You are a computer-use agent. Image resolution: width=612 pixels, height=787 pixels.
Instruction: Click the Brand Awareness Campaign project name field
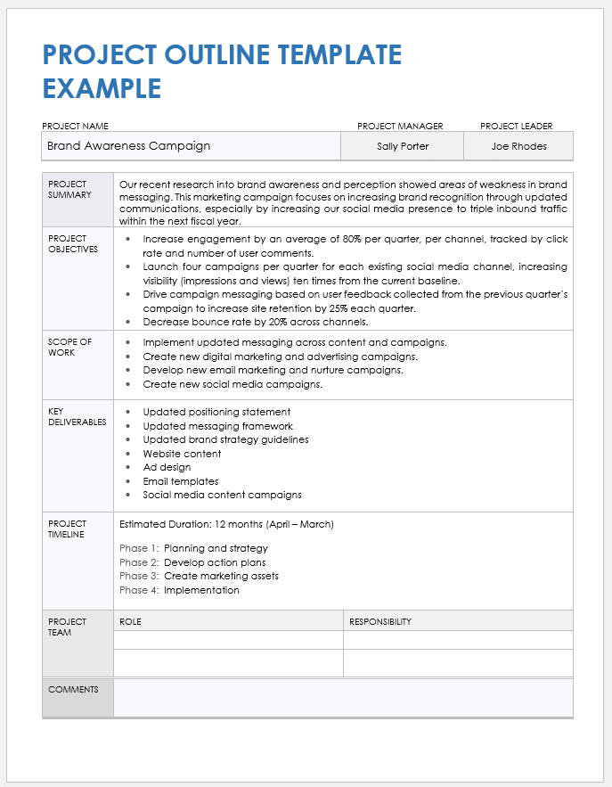click(x=128, y=146)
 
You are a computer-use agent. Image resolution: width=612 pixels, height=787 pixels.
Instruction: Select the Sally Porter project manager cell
click(x=403, y=146)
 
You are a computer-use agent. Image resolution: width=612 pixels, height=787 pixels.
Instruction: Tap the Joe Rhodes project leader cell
click(x=518, y=146)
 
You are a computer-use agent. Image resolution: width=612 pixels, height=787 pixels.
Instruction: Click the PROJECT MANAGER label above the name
click(x=400, y=127)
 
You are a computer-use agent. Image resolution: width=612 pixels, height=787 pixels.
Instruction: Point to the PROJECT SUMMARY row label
click(x=69, y=189)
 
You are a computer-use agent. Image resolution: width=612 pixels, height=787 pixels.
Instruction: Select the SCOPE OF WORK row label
click(x=69, y=347)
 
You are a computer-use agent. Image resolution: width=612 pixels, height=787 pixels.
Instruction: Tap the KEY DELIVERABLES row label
click(x=77, y=416)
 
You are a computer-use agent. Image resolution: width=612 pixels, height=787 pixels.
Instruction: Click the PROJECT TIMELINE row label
click(x=68, y=529)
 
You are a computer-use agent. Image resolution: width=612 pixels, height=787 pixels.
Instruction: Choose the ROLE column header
click(x=130, y=621)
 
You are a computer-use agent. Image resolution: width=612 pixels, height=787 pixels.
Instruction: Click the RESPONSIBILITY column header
click(x=380, y=621)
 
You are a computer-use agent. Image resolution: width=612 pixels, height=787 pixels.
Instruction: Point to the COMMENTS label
click(x=74, y=689)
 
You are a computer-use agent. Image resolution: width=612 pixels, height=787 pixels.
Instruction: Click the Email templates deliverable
click(x=181, y=481)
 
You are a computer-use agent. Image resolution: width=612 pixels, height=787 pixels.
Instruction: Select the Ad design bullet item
click(x=167, y=467)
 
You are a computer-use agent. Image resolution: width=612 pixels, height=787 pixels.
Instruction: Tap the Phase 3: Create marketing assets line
click(x=199, y=576)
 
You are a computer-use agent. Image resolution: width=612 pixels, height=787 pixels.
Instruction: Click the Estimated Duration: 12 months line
click(x=226, y=524)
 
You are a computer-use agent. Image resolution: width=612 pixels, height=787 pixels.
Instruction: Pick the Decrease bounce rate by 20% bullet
click(x=256, y=322)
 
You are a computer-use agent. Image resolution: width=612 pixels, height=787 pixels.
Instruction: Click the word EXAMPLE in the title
click(x=102, y=88)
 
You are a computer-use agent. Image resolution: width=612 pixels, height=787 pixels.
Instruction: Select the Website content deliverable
click(x=182, y=454)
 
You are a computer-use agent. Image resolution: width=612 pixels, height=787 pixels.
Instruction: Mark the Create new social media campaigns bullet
click(x=233, y=384)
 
